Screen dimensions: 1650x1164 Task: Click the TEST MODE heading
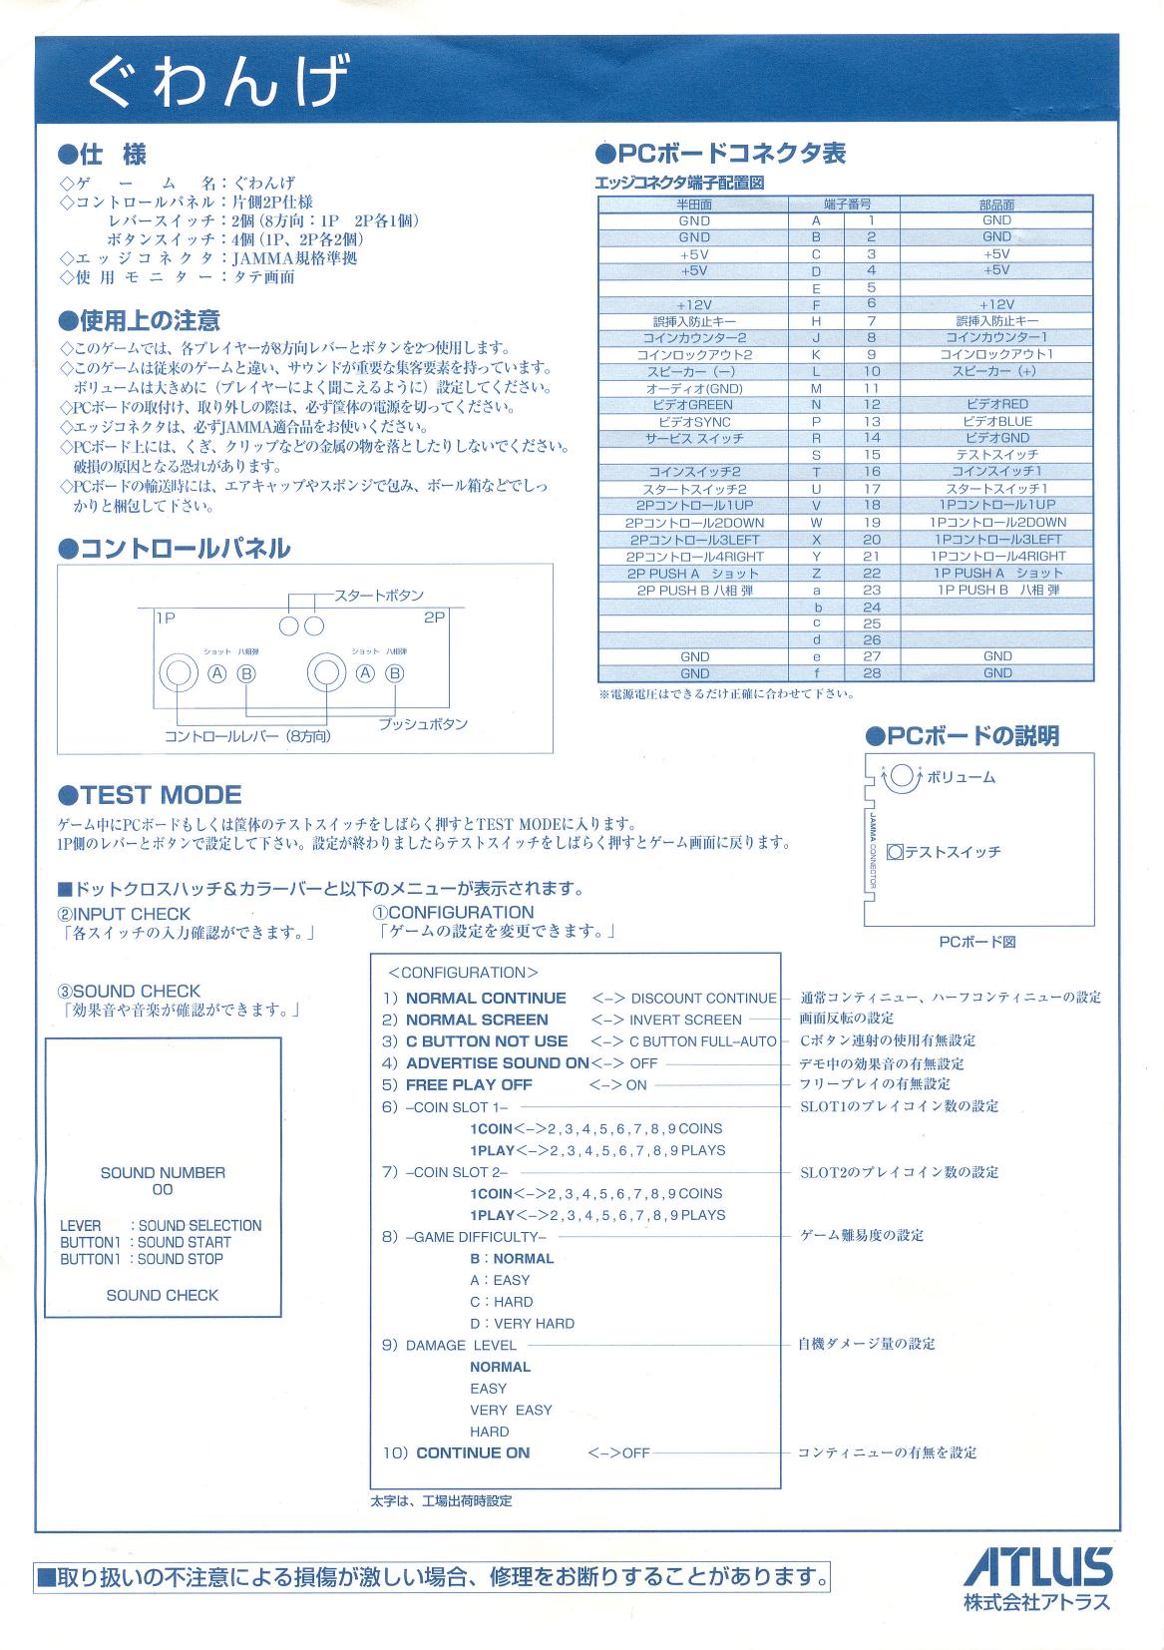click(151, 795)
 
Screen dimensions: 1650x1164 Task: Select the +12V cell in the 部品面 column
click(995, 304)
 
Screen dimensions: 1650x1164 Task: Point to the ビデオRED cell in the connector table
click(995, 405)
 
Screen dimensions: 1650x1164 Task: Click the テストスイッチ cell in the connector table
click(995, 455)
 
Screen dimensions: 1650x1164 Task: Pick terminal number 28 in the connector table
click(871, 673)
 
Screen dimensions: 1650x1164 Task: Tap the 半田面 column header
click(694, 205)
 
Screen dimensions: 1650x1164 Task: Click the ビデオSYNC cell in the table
click(694, 422)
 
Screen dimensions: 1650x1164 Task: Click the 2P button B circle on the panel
click(395, 673)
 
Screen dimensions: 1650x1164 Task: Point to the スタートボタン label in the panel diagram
click(380, 596)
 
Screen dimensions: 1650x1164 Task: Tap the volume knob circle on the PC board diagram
click(901, 776)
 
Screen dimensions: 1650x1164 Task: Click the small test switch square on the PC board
click(895, 853)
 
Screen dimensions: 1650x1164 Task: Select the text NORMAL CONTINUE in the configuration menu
click(486, 998)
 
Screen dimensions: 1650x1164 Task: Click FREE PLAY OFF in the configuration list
click(469, 1084)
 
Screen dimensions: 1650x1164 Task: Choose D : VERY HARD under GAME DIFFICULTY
click(522, 1323)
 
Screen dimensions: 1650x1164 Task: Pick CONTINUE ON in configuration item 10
click(473, 1452)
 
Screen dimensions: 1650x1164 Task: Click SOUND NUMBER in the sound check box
click(163, 1173)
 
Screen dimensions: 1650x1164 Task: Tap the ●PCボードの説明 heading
click(963, 736)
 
